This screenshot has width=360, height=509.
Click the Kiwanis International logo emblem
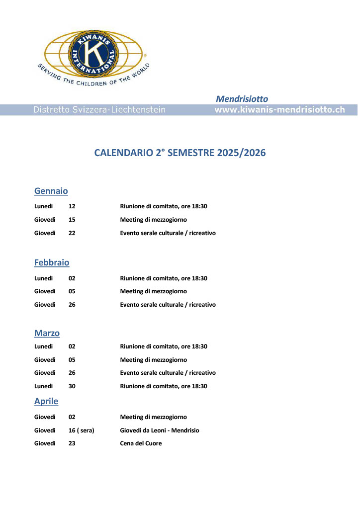coord(93,53)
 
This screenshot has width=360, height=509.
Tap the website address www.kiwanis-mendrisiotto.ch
coord(279,110)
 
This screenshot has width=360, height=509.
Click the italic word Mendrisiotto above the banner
coord(242,99)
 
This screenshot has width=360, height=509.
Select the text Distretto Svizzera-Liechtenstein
coord(99,110)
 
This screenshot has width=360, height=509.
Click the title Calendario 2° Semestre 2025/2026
coord(180,153)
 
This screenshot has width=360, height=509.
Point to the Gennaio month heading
coord(51,191)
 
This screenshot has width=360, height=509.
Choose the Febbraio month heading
coord(52,262)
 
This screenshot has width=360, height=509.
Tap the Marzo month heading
coord(47,333)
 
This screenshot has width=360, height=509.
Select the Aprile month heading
coord(46,401)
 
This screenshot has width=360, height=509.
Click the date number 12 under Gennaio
coord(72,206)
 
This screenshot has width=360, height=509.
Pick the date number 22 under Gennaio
coord(72,233)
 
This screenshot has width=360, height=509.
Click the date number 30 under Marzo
coord(72,386)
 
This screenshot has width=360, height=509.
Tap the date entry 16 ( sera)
coord(82,430)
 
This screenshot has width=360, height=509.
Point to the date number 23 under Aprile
coord(72,443)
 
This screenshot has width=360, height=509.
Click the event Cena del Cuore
coord(141,443)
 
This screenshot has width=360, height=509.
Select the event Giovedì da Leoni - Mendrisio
coord(159,430)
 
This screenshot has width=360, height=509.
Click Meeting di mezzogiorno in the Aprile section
coord(153,417)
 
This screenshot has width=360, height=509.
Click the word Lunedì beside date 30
coord(44,386)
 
